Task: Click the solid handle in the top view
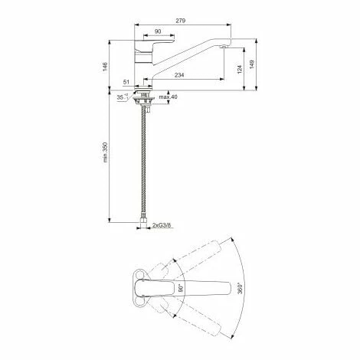point(157,290)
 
